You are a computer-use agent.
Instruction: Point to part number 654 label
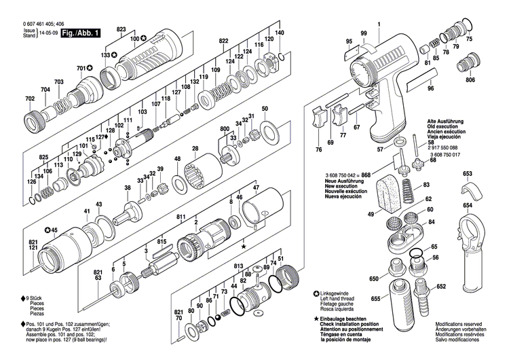click(x=468, y=205)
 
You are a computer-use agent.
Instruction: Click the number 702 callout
click(x=29, y=99)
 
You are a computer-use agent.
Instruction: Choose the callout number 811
click(x=181, y=215)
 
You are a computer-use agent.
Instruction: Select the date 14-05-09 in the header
click(x=47, y=32)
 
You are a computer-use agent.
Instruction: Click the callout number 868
click(x=366, y=175)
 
